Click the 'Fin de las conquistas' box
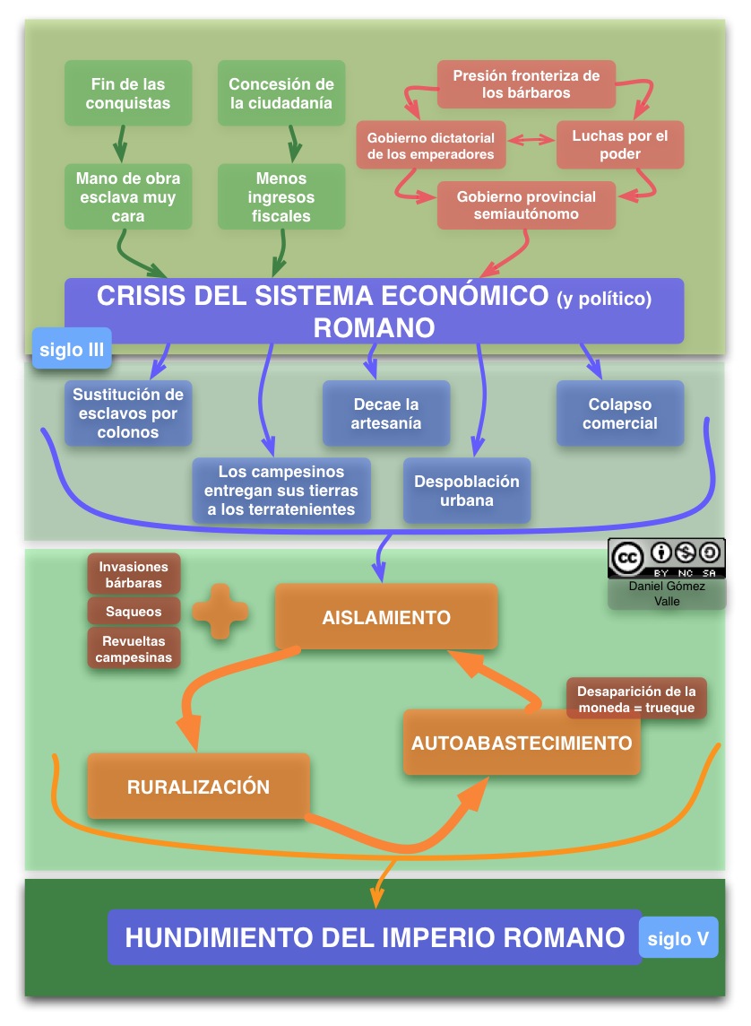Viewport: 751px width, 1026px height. (x=129, y=93)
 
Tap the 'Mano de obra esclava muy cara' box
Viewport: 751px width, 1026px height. (x=126, y=196)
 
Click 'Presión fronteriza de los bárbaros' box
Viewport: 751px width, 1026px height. (x=526, y=84)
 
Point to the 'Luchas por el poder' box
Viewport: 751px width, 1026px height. (x=619, y=144)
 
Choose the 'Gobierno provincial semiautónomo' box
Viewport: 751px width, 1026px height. (x=526, y=205)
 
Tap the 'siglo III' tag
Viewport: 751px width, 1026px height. (x=72, y=349)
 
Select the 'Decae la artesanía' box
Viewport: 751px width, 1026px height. (x=385, y=413)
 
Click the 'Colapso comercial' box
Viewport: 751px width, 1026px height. (x=619, y=413)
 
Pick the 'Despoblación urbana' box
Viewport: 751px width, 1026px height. (x=466, y=491)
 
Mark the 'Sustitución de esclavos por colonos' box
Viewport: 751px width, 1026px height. (x=128, y=413)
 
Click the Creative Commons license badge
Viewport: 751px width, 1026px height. (x=667, y=559)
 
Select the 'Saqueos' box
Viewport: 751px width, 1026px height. (x=134, y=611)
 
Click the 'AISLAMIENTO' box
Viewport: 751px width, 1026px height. (x=385, y=617)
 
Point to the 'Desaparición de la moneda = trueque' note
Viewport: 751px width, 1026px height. (x=636, y=700)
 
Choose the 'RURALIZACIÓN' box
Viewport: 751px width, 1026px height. (x=198, y=787)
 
